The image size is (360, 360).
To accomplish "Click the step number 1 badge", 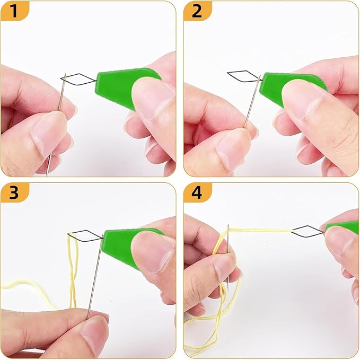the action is [x=15, y=11].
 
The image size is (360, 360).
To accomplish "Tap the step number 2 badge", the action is [x=197, y=11].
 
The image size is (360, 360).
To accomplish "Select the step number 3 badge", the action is [x=15, y=192].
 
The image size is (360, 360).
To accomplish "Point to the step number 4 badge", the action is [x=197, y=192].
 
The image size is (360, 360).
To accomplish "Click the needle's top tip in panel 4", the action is [x=228, y=225].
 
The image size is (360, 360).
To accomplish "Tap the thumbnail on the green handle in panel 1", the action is [x=153, y=96].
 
